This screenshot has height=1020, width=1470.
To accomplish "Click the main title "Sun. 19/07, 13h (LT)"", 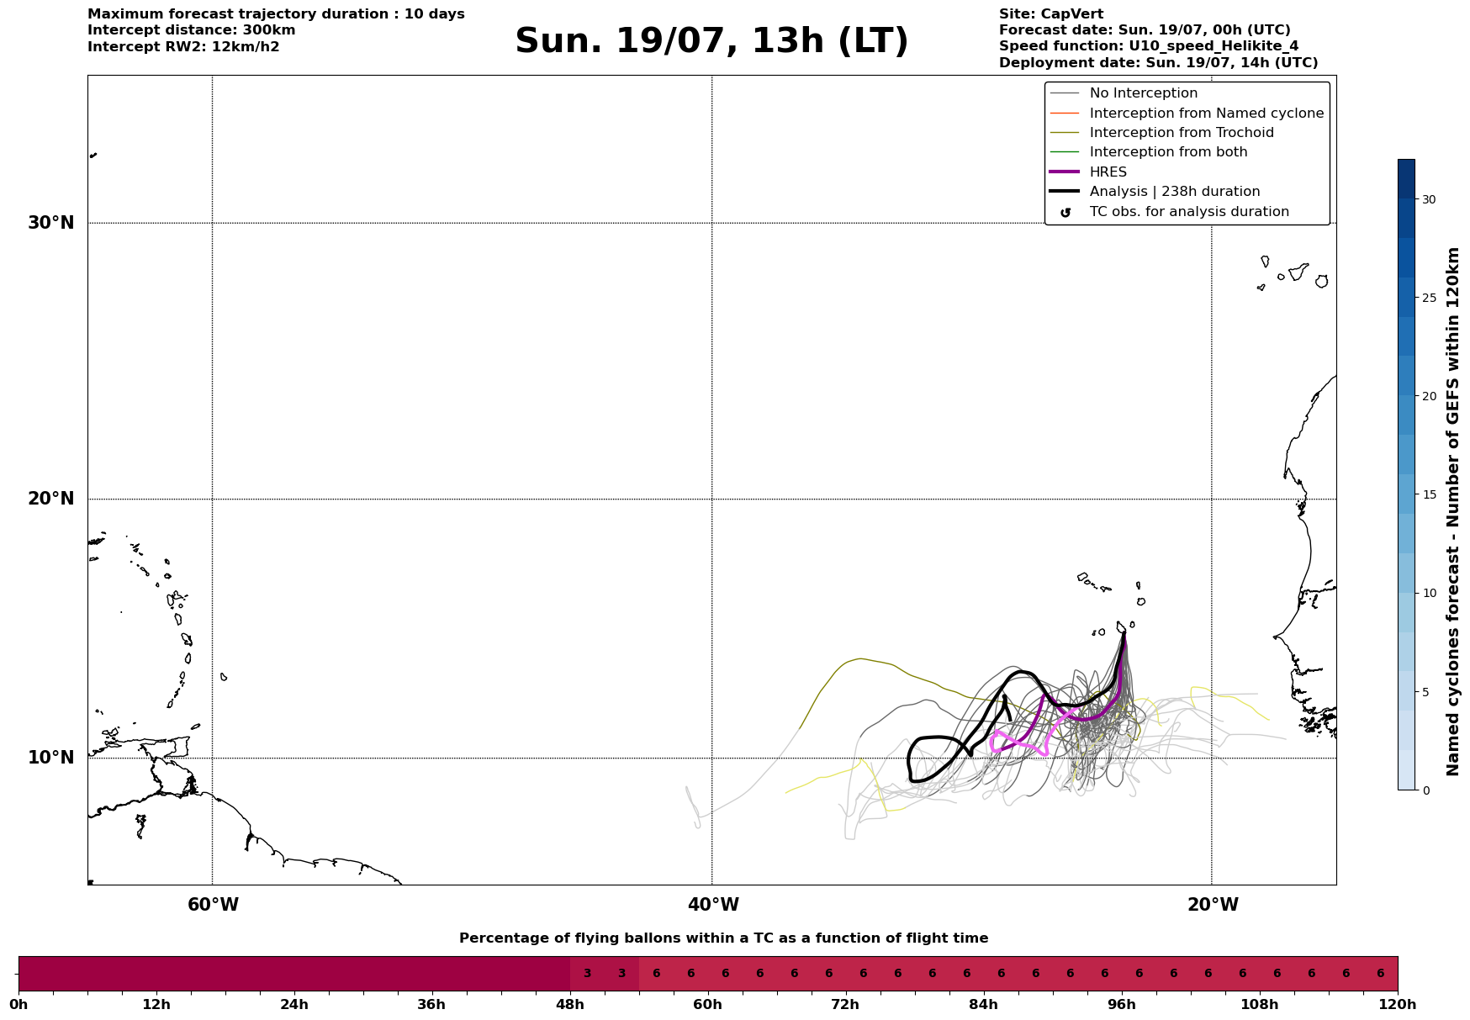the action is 711,41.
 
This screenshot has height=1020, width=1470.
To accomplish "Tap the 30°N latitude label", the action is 51,223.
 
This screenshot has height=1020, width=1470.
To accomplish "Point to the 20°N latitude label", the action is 51,499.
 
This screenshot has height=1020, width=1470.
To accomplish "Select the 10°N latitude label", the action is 51,758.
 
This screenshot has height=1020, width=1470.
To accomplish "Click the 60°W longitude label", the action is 213,905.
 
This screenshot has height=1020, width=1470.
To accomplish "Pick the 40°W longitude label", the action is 713,905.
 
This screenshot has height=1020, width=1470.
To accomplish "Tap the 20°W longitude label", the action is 1213,905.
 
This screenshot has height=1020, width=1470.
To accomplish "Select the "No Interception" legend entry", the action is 1124,93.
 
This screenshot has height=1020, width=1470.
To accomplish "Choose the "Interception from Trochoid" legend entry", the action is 1161,133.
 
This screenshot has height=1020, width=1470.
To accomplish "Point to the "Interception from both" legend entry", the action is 1149,152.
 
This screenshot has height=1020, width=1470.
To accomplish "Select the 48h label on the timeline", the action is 570,1004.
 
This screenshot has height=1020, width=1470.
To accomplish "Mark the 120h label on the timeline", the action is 1398,1004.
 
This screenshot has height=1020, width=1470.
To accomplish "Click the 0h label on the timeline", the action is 19,1004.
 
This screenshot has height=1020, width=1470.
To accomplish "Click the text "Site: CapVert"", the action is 1051,14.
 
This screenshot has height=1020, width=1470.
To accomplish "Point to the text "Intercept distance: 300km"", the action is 192,30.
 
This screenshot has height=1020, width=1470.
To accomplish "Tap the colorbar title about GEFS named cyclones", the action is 1452,511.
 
